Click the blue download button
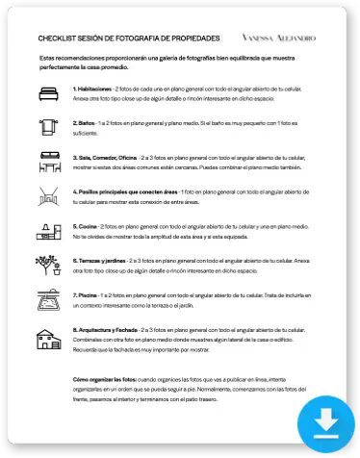(324, 423)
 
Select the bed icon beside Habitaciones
(49, 93)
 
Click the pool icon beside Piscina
(49, 299)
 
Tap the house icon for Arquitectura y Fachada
(49, 338)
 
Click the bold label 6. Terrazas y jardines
(106, 260)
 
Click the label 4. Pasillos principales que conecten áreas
(137, 191)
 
